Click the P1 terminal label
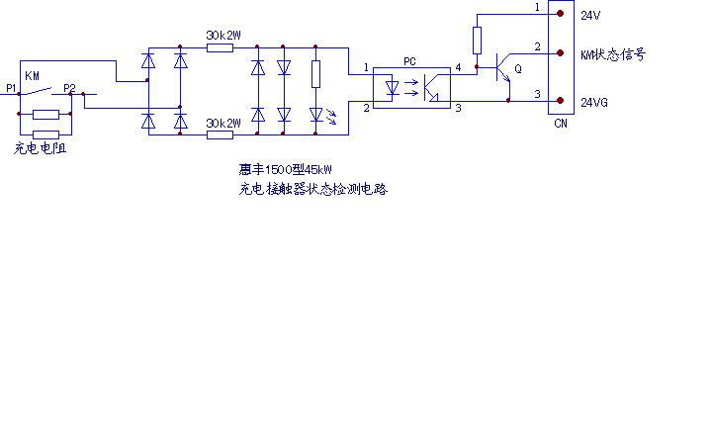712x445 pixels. (10, 89)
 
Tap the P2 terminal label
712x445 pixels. (69, 89)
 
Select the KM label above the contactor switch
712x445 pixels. (33, 75)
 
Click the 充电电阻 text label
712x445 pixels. (46, 149)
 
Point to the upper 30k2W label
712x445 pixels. (223, 36)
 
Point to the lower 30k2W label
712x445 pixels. (223, 124)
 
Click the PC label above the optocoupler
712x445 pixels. (409, 61)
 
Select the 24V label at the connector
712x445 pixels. (590, 16)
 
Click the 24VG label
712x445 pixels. (594, 102)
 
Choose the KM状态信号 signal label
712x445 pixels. (613, 54)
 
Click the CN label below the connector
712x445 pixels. (561, 125)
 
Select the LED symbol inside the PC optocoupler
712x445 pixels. (393, 88)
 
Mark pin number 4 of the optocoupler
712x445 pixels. (457, 67)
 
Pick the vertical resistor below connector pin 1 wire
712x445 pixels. (477, 41)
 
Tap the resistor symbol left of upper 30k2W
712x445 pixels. (220, 46)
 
